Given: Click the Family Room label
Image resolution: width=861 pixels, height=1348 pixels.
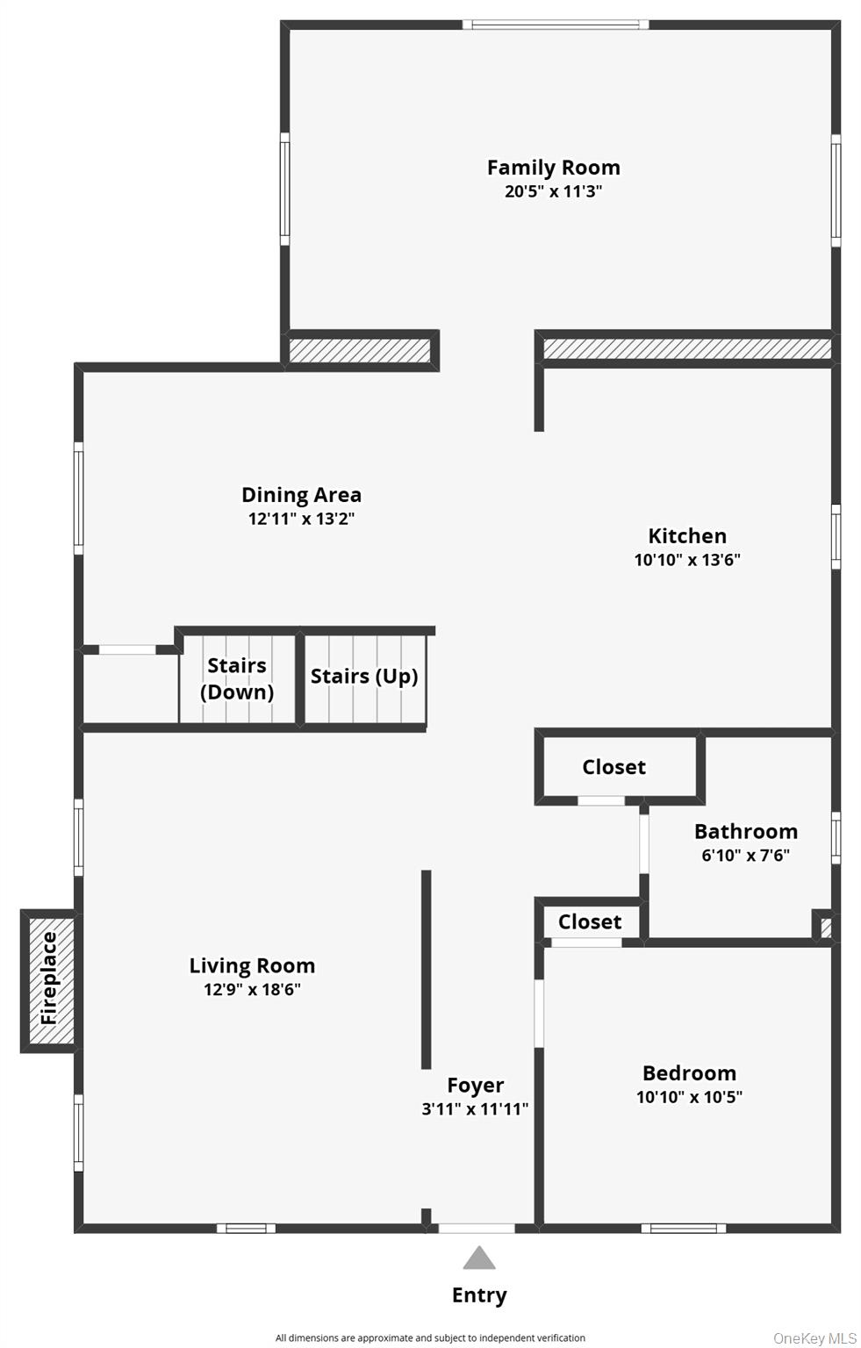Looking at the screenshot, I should point(553,168).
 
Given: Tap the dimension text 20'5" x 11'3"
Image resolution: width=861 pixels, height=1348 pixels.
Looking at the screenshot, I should point(553,191).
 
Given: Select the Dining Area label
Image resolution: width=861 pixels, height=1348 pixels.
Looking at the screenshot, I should point(301,495).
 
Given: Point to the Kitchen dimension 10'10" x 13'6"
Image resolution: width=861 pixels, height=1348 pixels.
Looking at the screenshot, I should point(687,560).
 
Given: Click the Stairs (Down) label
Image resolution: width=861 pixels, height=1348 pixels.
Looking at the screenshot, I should point(237,678).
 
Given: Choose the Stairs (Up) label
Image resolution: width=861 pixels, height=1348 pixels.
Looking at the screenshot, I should point(364,677).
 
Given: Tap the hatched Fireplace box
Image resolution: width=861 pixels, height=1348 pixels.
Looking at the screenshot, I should point(49,979).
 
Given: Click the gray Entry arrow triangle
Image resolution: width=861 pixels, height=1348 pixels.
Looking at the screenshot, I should point(479,1258).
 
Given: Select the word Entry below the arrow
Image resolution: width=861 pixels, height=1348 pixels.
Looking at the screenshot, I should point(479,1295).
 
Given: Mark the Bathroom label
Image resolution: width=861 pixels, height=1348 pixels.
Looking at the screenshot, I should point(746,831).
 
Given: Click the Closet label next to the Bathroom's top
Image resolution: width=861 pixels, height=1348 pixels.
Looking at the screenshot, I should point(613,767).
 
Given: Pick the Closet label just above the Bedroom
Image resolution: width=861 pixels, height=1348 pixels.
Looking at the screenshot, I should point(590,921).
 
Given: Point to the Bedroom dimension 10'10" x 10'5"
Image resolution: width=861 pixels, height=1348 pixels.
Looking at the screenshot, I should point(689,1097).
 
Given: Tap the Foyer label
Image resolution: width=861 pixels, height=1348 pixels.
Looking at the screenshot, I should point(475,1086).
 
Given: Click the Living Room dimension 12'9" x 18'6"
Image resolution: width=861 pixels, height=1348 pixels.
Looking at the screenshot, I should point(252,990).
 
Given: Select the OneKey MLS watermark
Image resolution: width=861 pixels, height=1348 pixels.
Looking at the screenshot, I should point(814,1338).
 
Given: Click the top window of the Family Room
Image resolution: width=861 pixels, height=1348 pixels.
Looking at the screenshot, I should point(556,25).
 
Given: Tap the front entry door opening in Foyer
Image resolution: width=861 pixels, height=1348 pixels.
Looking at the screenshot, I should point(476,1229).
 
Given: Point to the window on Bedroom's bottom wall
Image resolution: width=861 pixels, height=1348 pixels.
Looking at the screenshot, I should point(683,1229).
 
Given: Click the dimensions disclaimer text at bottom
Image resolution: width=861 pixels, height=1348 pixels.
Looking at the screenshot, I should point(430,1338).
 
